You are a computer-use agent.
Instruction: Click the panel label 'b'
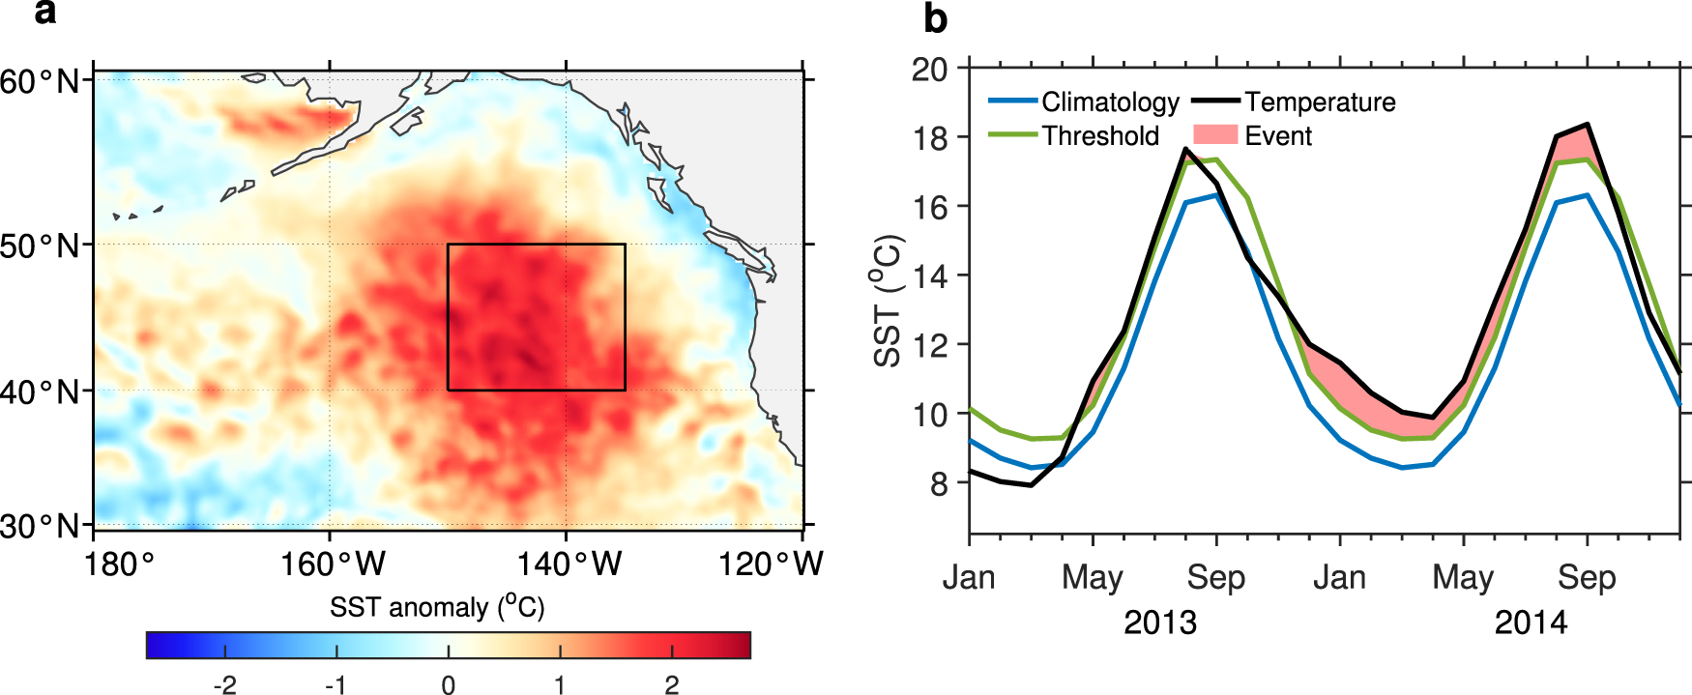click(x=935, y=19)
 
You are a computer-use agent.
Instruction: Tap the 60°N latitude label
click(x=41, y=81)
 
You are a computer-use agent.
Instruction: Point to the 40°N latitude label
click(x=41, y=392)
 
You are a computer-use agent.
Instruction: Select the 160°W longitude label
click(x=332, y=564)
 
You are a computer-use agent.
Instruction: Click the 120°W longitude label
click(x=770, y=564)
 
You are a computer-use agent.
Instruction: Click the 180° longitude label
click(x=119, y=564)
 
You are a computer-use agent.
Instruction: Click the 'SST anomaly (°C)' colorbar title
click(x=437, y=607)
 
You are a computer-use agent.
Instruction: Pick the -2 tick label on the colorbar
click(x=224, y=685)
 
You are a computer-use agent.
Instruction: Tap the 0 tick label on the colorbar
click(x=448, y=685)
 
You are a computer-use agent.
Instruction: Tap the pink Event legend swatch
click(x=1215, y=135)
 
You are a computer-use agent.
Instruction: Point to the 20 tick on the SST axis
click(x=929, y=70)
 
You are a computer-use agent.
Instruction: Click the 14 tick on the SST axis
click(x=929, y=276)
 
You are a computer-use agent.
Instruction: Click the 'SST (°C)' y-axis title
click(x=888, y=301)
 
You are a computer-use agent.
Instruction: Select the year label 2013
click(x=1159, y=623)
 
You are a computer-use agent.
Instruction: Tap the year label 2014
click(x=1531, y=623)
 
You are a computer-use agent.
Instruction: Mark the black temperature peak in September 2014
click(x=1587, y=125)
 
